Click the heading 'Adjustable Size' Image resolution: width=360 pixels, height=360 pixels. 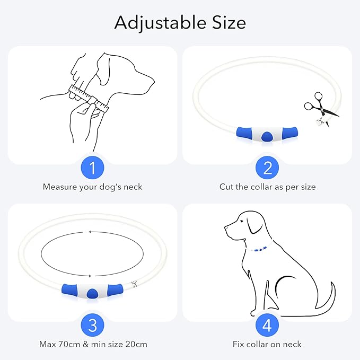pyautogui.click(x=180, y=22)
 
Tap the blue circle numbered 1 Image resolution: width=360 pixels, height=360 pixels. pyautogui.click(x=93, y=169)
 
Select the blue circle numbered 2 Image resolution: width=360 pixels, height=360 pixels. pyautogui.click(x=267, y=169)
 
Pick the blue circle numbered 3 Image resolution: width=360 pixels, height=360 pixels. pyautogui.click(x=93, y=325)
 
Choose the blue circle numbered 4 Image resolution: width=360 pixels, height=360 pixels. pyautogui.click(x=267, y=325)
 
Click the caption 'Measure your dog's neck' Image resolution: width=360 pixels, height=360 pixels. pyautogui.click(x=93, y=187)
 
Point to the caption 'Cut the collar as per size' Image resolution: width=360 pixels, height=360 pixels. pyautogui.click(x=267, y=187)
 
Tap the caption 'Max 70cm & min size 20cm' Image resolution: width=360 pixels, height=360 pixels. pyautogui.click(x=93, y=344)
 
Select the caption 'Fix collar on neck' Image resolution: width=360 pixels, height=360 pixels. pyautogui.click(x=267, y=344)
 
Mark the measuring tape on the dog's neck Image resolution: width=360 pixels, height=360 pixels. pyautogui.click(x=88, y=99)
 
